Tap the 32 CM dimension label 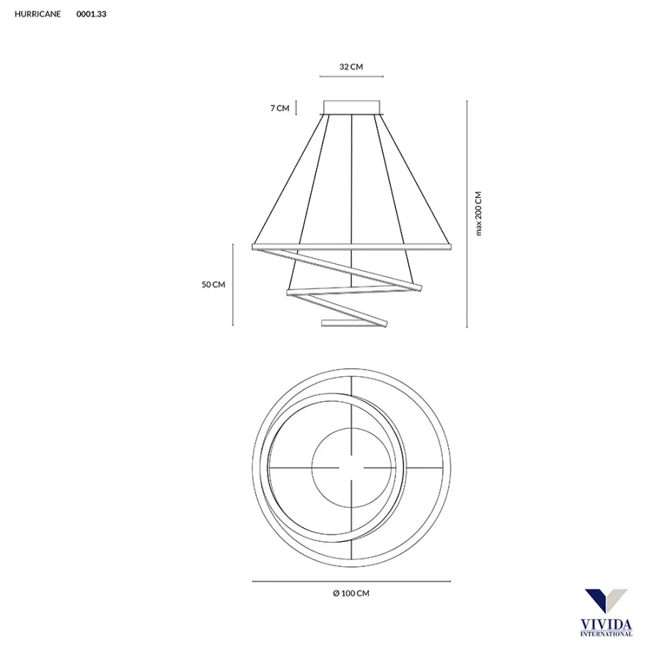[351, 67]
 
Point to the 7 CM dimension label [279, 108]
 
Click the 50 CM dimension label [213, 285]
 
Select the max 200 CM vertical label [479, 213]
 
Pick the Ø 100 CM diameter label [351, 593]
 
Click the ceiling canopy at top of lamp [352, 107]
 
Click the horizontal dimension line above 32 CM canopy [351, 76]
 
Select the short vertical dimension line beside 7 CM [296, 108]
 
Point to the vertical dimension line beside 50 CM [232, 285]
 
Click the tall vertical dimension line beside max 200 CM [467, 213]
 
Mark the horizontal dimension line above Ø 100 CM [351, 582]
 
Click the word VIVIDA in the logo [606, 624]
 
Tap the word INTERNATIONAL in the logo [606, 634]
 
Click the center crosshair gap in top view [352, 467]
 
